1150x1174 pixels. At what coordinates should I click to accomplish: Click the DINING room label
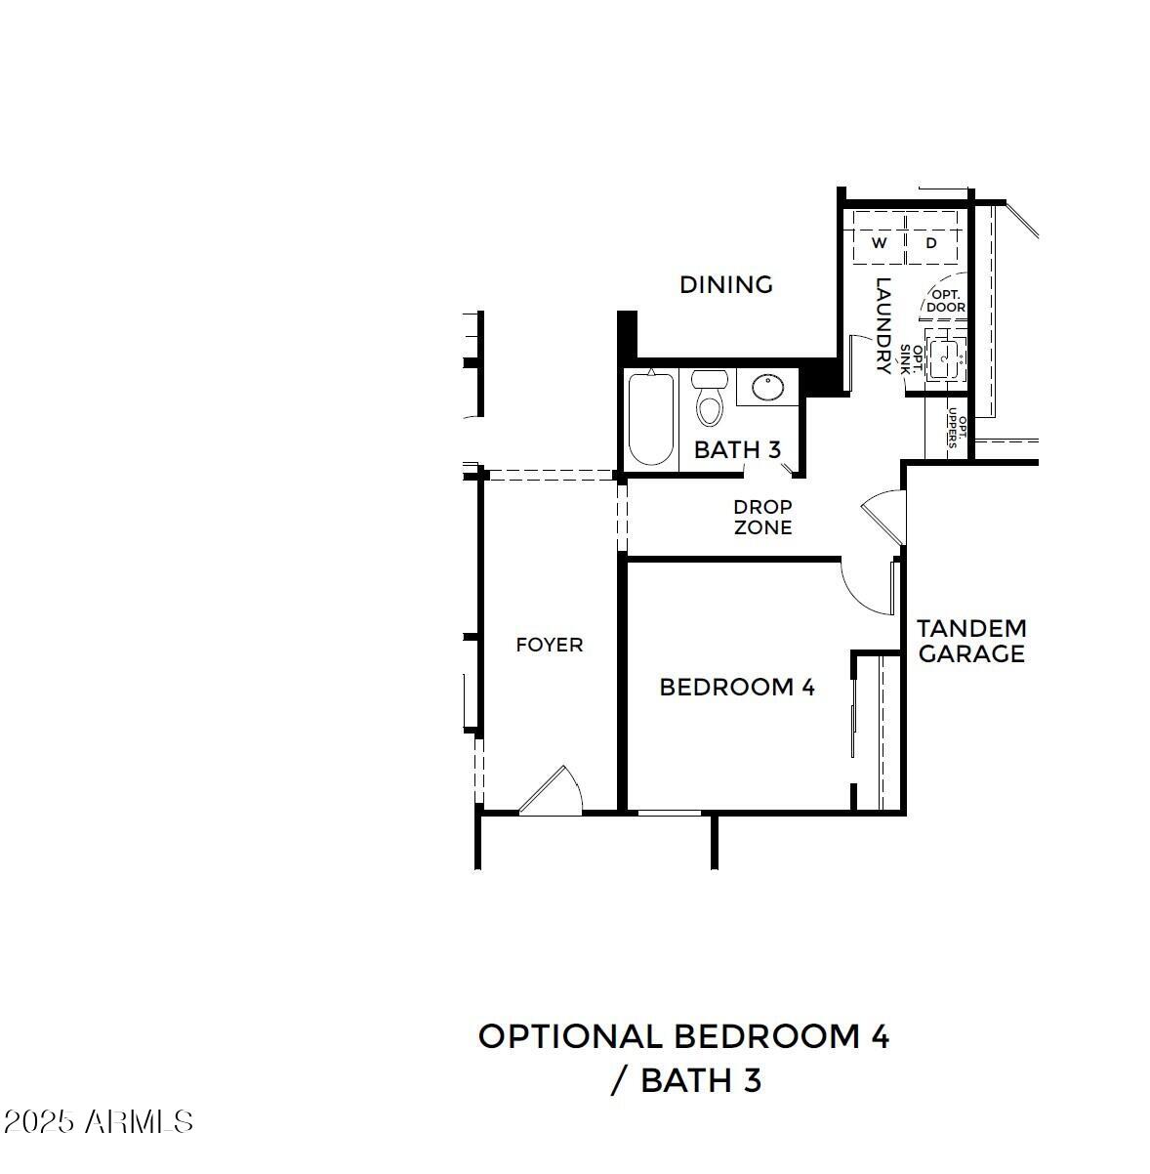pyautogui.click(x=725, y=284)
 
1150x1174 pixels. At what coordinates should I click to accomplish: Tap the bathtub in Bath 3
pyautogui.click(x=650, y=420)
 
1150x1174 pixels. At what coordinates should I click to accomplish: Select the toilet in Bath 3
pyautogui.click(x=709, y=399)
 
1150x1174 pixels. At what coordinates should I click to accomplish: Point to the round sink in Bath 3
pyautogui.click(x=767, y=388)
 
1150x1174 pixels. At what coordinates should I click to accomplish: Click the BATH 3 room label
pyautogui.click(x=737, y=449)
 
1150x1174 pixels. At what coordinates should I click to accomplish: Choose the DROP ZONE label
pyautogui.click(x=762, y=518)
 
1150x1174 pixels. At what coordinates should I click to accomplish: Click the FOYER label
pyautogui.click(x=549, y=645)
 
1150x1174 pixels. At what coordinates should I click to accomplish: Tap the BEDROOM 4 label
pyautogui.click(x=737, y=687)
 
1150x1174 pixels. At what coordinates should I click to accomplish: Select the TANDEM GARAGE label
pyautogui.click(x=971, y=641)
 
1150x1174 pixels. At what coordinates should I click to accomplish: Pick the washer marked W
pyautogui.click(x=879, y=242)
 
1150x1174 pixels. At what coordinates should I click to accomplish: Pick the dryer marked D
pyautogui.click(x=931, y=242)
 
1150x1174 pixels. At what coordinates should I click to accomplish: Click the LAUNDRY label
pyautogui.click(x=883, y=326)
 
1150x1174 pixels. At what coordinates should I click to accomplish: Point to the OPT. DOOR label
pyautogui.click(x=945, y=300)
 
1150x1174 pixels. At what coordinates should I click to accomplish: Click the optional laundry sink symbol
pyautogui.click(x=944, y=360)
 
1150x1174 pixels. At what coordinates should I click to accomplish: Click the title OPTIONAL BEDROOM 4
pyautogui.click(x=683, y=1036)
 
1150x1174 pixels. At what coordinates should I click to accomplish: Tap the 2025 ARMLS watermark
pyautogui.click(x=98, y=1121)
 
